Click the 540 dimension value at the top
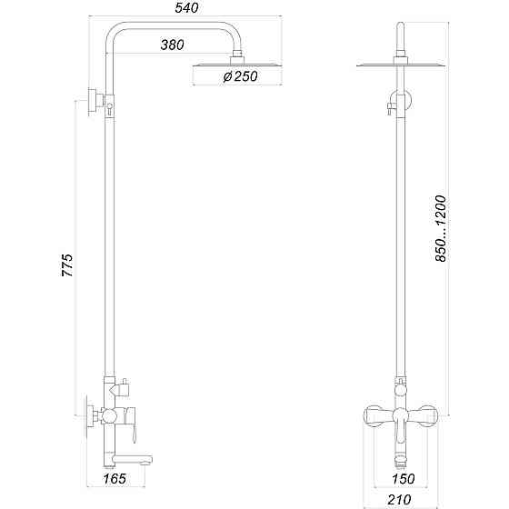[186, 8]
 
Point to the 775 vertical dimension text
[66, 265]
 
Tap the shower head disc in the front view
[399, 65]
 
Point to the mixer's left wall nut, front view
[374, 417]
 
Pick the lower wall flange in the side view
[93, 414]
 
